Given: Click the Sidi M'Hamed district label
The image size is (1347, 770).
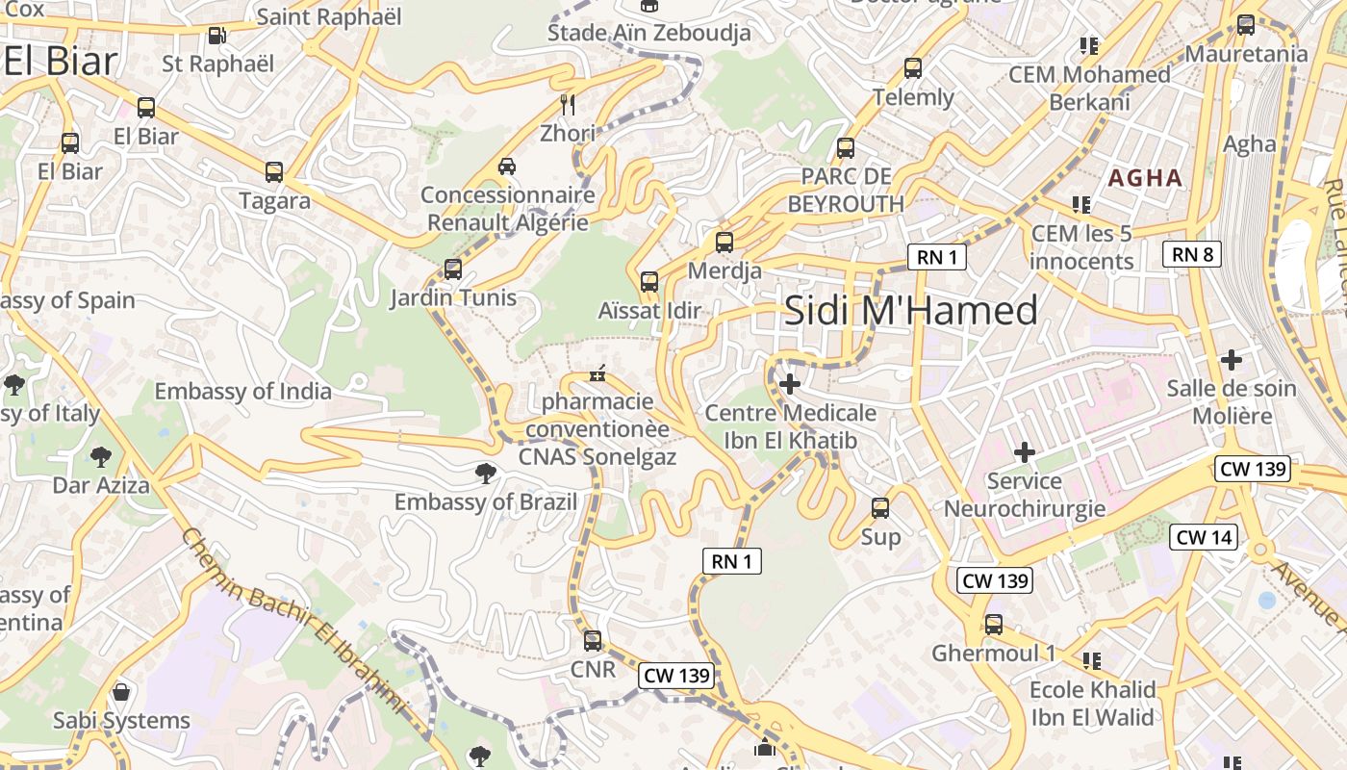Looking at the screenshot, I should (910, 311).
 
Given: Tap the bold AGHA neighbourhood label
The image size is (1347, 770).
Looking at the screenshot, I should (1145, 178).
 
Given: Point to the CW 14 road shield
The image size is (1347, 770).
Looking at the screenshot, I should (1204, 537).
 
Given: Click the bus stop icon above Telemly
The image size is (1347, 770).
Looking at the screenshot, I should (912, 68).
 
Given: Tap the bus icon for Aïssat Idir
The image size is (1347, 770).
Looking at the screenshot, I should (649, 282).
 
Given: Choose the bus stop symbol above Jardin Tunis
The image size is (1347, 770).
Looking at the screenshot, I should (452, 269).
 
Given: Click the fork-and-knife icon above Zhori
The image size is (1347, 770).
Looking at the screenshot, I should (568, 104).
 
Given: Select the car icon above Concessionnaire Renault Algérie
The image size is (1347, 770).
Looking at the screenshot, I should (507, 167).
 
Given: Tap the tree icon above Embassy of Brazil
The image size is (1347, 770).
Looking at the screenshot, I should (486, 473).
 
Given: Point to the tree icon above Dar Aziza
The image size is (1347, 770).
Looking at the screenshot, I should (101, 456).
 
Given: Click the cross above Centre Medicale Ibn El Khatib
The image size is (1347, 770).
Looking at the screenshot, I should (790, 384).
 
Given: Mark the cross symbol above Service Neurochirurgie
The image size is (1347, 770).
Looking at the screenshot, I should (1025, 451).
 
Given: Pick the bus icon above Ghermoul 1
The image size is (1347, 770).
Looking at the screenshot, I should (993, 625).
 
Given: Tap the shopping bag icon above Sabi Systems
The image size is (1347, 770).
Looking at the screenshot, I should (121, 691).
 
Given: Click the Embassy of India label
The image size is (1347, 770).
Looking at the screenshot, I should (242, 392).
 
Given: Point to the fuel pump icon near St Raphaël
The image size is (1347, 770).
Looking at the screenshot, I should (217, 36).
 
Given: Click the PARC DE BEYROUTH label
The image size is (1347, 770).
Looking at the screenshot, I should (846, 190).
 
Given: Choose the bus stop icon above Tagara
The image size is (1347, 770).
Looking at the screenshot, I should (274, 172).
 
